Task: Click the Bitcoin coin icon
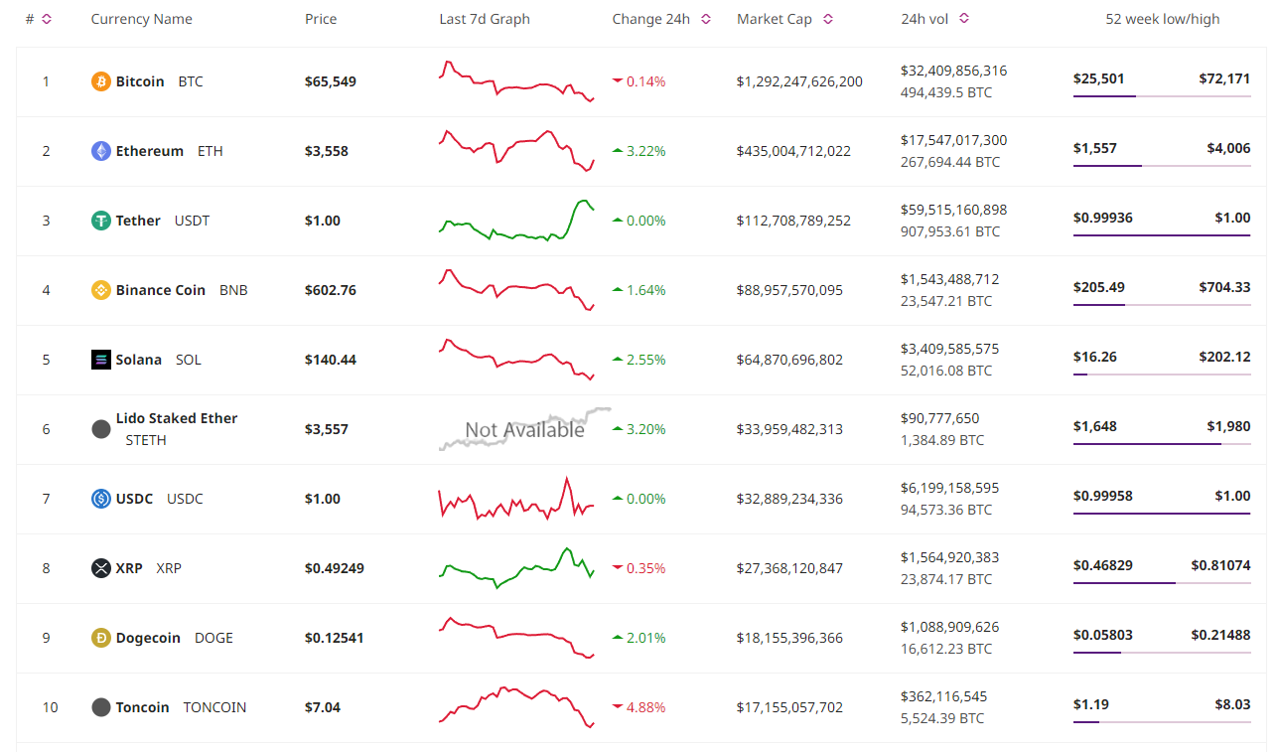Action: coord(101,81)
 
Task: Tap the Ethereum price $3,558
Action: coord(327,151)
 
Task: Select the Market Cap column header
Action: coord(774,19)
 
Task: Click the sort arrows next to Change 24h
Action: coord(706,19)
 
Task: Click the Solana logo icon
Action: coord(101,360)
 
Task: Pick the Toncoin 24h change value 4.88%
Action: coord(645,707)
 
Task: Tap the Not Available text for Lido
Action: coord(524,430)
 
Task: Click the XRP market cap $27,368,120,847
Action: coord(789,568)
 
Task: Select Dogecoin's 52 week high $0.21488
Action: coord(1220,635)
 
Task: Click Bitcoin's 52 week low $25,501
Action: coord(1099,78)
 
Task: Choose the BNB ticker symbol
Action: coord(233,290)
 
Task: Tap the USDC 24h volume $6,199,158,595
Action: coord(949,488)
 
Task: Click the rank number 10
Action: coord(50,707)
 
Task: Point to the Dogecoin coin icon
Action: coord(101,638)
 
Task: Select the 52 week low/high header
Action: coord(1163,19)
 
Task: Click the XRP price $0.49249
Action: coord(335,568)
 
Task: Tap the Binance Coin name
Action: coord(161,290)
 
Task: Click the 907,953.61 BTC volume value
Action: coord(950,231)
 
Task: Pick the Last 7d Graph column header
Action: coord(485,19)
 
